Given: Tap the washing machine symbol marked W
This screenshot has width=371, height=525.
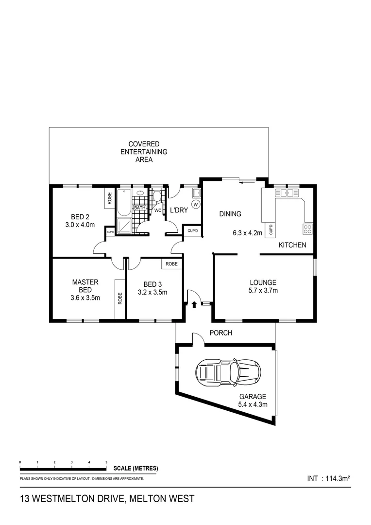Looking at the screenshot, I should [196, 205].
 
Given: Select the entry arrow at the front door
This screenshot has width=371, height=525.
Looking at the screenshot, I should [194, 305].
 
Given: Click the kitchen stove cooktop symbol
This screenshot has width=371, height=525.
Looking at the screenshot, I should [308, 228].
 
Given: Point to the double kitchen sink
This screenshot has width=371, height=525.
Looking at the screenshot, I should [287, 193].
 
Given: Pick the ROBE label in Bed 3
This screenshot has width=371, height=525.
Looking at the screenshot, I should [171, 264].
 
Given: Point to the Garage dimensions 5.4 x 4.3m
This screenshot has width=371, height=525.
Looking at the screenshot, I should [253, 403].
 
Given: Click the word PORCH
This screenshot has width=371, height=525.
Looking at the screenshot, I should [220, 333].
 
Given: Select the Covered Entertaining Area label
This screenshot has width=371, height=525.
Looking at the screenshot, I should [144, 152].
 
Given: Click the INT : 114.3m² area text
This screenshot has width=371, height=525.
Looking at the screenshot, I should [329, 478].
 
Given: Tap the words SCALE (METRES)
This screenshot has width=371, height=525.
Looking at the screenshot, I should [135, 469].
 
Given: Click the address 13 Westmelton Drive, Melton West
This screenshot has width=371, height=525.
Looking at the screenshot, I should [107, 498].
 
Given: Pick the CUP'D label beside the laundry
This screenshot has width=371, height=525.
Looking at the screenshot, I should [192, 230].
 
